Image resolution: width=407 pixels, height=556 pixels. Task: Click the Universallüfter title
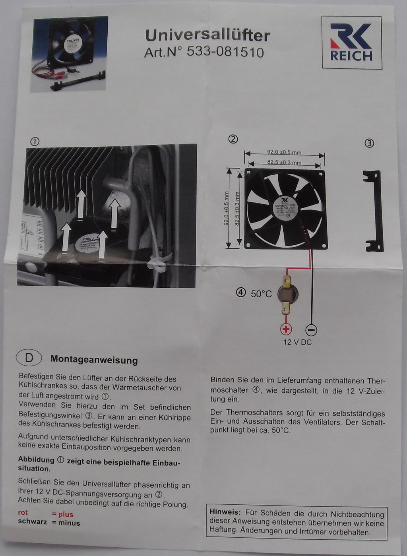207,35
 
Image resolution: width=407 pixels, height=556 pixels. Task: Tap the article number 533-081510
204,52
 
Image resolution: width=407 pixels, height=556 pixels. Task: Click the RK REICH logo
351,43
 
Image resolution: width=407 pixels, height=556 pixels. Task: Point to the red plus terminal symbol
286,329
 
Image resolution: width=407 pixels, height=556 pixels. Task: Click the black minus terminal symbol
311,329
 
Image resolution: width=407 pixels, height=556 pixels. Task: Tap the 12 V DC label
297,342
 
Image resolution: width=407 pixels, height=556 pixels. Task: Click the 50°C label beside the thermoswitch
261,294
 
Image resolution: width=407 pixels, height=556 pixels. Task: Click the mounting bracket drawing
374,211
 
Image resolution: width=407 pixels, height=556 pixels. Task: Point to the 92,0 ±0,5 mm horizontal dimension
284,152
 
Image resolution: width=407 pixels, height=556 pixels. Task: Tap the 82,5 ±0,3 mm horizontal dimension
284,162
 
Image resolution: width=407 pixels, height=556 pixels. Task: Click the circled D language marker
29,358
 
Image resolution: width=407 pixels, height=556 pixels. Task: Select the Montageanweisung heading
94,360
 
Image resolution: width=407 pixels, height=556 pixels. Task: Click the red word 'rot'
23,513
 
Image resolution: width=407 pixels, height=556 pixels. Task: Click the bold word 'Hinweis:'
225,513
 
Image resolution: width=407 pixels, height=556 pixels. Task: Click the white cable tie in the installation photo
157,264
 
